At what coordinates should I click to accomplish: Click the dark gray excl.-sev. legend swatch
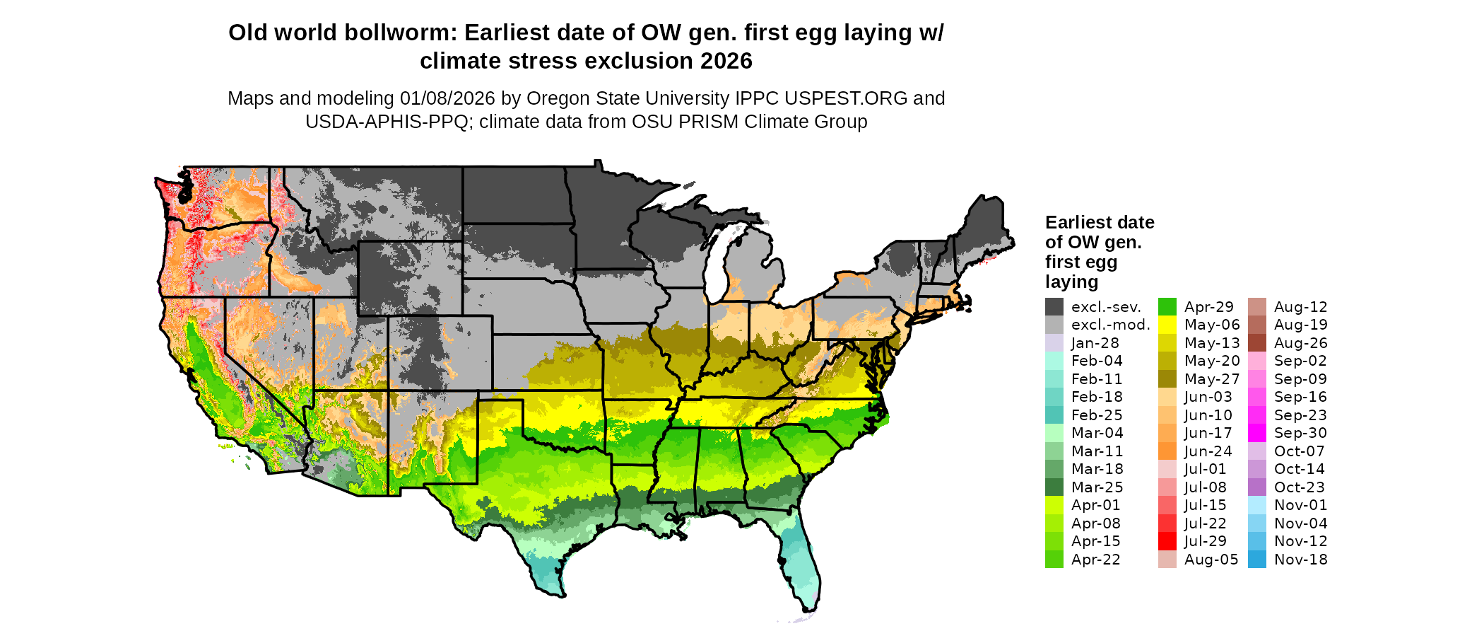click(1054, 307)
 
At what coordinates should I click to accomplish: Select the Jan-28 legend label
click(1095, 343)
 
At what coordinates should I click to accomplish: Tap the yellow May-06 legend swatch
click(1167, 325)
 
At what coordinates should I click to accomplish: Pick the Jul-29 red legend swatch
click(1167, 541)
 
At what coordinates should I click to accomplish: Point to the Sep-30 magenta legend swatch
click(1257, 433)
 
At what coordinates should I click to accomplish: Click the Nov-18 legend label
click(1300, 560)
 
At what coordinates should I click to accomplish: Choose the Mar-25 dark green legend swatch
click(1054, 487)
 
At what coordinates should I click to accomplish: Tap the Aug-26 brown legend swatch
click(1257, 343)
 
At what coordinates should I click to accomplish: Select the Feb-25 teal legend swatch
click(1054, 415)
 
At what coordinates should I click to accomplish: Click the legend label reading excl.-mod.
click(1110, 325)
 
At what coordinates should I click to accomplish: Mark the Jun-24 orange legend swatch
click(1167, 451)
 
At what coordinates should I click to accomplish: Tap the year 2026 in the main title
click(726, 62)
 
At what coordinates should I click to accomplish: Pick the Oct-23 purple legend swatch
click(1257, 487)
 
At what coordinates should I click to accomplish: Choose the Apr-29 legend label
click(1208, 307)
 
